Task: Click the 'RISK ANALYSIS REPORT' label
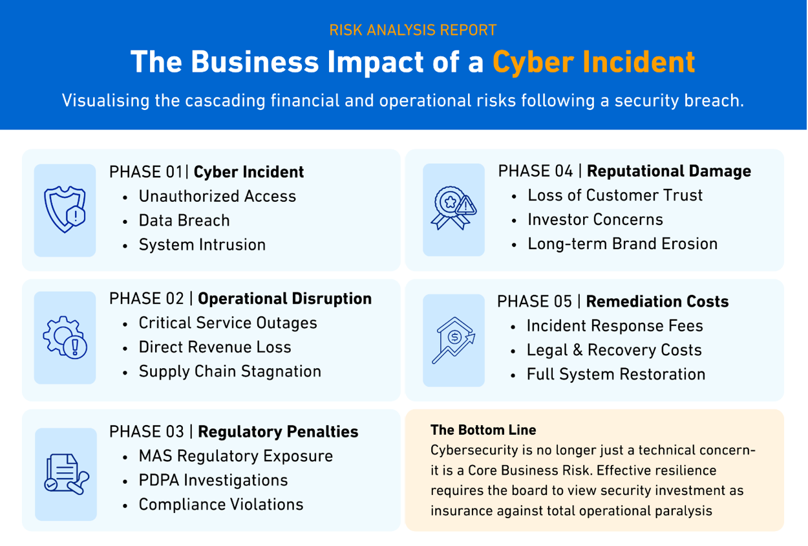(x=412, y=30)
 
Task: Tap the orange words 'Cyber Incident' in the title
(x=594, y=62)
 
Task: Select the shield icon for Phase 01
(x=65, y=210)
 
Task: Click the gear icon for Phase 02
(x=65, y=337)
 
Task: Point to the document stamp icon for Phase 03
(x=67, y=474)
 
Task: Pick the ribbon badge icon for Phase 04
(x=453, y=208)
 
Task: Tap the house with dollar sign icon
(x=453, y=340)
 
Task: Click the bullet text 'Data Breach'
(x=184, y=221)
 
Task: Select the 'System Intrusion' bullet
(x=202, y=245)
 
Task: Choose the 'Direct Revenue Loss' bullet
(x=215, y=347)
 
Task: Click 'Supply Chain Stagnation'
(x=230, y=371)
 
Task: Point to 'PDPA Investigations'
(x=213, y=480)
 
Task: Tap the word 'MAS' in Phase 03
(x=156, y=456)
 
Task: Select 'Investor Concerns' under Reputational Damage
(x=595, y=219)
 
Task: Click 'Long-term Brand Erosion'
(x=623, y=244)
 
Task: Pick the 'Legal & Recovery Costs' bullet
(x=614, y=350)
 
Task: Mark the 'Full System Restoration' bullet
(x=616, y=374)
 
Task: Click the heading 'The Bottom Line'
(x=484, y=430)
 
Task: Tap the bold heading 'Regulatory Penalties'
(x=278, y=432)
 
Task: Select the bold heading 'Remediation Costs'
(x=657, y=301)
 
